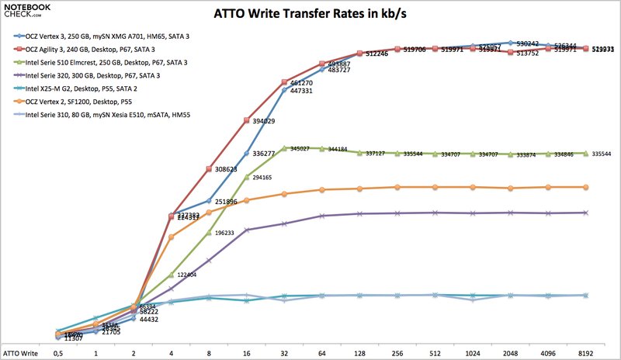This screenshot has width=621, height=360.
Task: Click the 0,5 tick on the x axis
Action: click(x=58, y=353)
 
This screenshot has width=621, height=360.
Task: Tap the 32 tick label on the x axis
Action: click(x=284, y=353)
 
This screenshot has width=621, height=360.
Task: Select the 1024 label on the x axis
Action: click(x=473, y=353)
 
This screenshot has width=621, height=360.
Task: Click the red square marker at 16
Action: click(x=247, y=120)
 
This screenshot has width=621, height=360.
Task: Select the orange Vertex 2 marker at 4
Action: click(x=172, y=237)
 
